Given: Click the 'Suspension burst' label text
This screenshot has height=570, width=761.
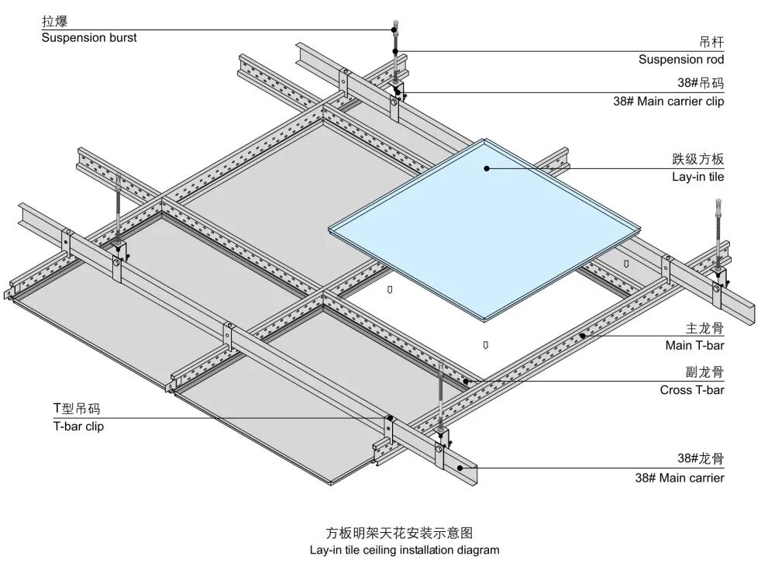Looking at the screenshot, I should (x=89, y=38).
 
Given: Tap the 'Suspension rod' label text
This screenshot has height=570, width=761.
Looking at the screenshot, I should (x=681, y=60).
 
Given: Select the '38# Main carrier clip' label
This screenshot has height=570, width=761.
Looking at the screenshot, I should (x=668, y=102).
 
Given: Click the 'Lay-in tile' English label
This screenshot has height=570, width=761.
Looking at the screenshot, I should (x=697, y=177).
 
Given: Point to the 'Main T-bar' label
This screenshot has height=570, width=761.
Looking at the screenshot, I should (x=694, y=346).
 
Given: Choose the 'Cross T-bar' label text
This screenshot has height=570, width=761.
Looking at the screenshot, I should (x=692, y=390).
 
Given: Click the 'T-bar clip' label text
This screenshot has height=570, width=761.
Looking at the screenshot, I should (x=78, y=427).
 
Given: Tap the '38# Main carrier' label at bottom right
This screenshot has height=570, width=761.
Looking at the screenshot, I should (x=680, y=478).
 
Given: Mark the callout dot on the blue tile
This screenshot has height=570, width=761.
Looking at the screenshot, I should (x=487, y=167).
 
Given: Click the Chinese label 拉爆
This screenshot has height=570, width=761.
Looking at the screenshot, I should (x=55, y=22).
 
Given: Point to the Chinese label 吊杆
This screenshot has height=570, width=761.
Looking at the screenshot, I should (x=711, y=43).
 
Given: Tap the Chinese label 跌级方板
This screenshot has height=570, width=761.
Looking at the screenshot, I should (x=697, y=160).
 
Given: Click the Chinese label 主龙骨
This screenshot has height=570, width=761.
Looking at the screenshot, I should (x=704, y=329).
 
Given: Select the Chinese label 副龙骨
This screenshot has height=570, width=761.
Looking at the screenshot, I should (x=704, y=373).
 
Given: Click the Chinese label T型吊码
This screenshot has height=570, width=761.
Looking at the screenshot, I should (x=76, y=409).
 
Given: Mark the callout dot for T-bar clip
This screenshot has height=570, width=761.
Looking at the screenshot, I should (x=387, y=419).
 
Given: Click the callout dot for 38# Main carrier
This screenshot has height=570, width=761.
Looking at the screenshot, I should (x=460, y=468).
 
